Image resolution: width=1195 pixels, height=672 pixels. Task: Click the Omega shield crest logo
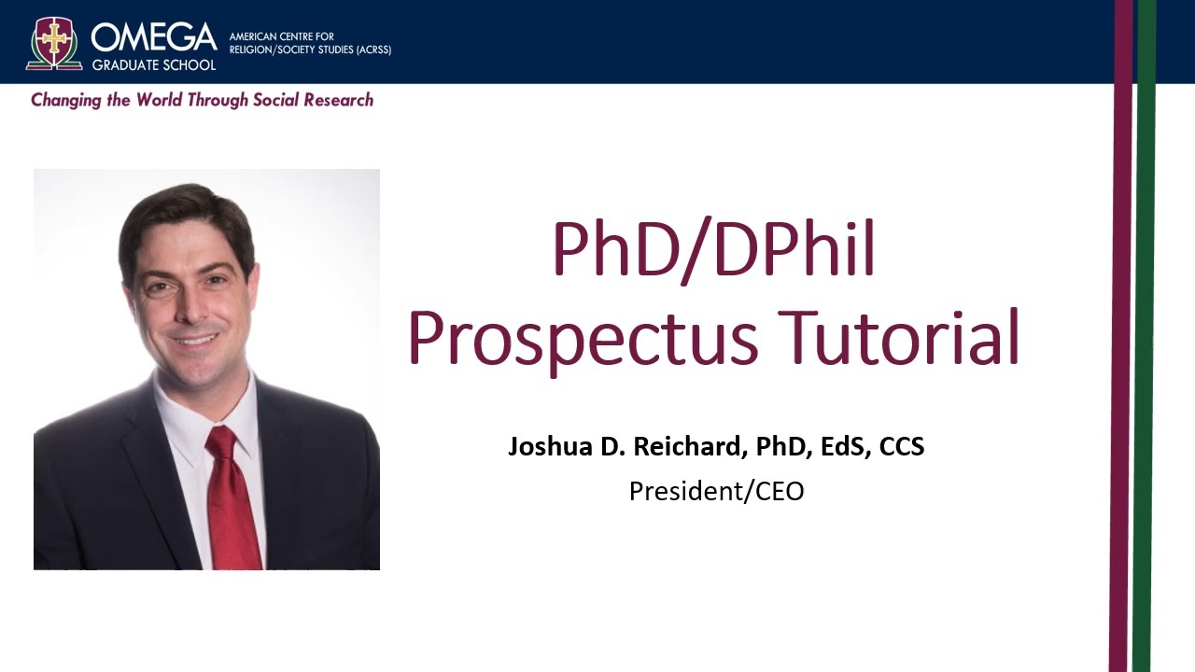pos(54,43)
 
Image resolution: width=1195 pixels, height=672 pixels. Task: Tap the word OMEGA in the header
pos(154,37)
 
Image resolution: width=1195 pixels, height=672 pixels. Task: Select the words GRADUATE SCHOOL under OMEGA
pos(154,64)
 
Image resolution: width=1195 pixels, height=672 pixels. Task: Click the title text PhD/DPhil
pos(714,249)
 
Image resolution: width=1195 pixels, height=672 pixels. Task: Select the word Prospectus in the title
pos(583,338)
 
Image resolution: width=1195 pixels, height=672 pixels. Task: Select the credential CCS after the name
pos(902,446)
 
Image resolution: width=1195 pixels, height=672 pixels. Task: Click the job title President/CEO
pos(716,491)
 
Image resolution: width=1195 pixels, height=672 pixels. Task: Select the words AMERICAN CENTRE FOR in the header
pos(281,36)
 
